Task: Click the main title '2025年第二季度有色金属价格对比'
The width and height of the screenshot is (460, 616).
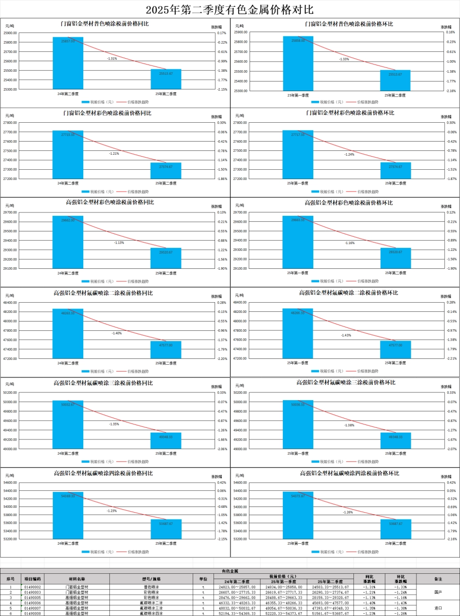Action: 230,10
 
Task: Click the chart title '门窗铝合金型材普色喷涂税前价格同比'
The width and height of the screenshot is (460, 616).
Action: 108,23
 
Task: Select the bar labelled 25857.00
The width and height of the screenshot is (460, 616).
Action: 68,63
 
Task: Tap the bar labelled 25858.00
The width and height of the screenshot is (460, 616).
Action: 298,63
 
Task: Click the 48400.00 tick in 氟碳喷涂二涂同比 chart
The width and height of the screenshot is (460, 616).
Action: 11,302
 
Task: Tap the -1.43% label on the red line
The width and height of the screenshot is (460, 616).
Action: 346,335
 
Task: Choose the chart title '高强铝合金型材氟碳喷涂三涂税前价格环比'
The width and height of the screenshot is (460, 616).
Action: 346,382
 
